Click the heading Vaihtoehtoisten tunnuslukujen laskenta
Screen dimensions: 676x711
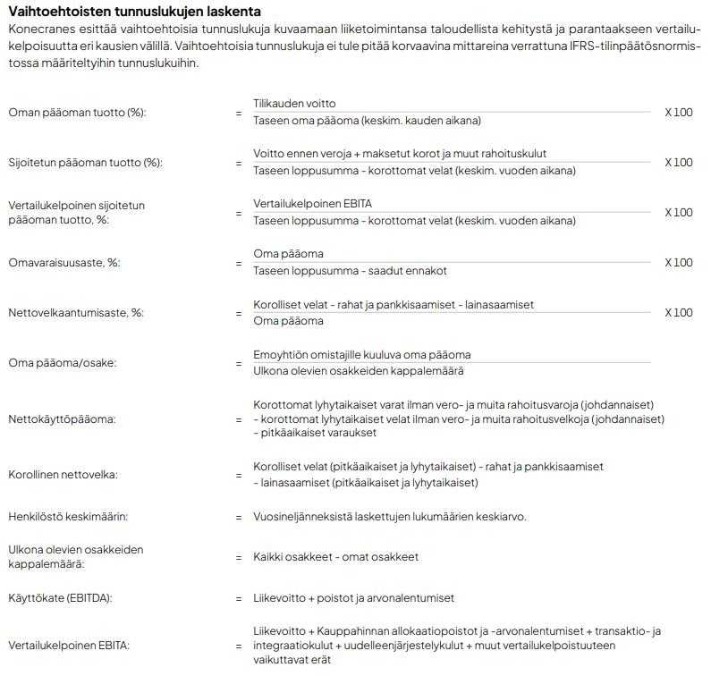135,12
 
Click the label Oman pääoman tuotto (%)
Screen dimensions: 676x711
76,113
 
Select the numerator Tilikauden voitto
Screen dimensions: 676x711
294,104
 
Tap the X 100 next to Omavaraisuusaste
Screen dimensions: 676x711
678,262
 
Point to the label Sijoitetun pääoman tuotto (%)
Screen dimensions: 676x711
85,163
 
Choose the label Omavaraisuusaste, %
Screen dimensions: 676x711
63,263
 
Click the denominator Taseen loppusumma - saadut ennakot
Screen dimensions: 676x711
350,271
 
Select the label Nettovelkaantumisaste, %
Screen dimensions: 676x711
76,313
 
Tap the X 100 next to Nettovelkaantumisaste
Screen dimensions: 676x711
678,312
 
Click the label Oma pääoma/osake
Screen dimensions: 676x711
62,363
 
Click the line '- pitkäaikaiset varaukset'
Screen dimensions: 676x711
315,433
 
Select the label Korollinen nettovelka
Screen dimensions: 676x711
63,475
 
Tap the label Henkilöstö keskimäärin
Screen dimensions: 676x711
68,517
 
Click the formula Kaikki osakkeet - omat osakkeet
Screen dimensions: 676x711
335,557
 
